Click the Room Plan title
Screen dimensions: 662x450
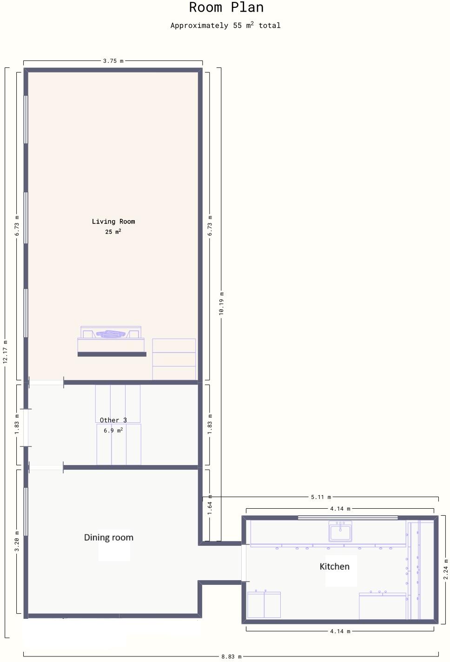(x=226, y=7)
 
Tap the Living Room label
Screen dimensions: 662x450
(x=113, y=222)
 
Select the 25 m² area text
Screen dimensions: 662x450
(x=113, y=231)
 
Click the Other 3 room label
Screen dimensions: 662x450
(x=113, y=420)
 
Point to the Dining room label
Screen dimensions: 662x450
(x=109, y=537)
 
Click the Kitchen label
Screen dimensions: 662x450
(x=334, y=566)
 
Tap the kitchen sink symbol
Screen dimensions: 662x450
(x=340, y=531)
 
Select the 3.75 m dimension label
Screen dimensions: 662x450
(x=113, y=61)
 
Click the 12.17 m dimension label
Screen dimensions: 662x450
(x=6, y=352)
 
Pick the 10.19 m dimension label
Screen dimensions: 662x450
(x=221, y=304)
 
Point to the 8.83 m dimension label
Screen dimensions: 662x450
(x=231, y=656)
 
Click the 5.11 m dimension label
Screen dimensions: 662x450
(x=321, y=497)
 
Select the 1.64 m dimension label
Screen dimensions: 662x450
(x=210, y=507)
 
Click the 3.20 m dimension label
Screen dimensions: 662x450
(x=17, y=541)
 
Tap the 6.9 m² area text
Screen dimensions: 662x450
(x=113, y=431)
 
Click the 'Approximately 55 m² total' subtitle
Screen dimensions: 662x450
(x=225, y=26)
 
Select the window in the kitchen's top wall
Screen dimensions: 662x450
(x=347, y=517)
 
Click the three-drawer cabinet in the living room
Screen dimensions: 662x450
(x=174, y=359)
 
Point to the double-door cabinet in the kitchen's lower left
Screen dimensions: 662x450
(x=264, y=604)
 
